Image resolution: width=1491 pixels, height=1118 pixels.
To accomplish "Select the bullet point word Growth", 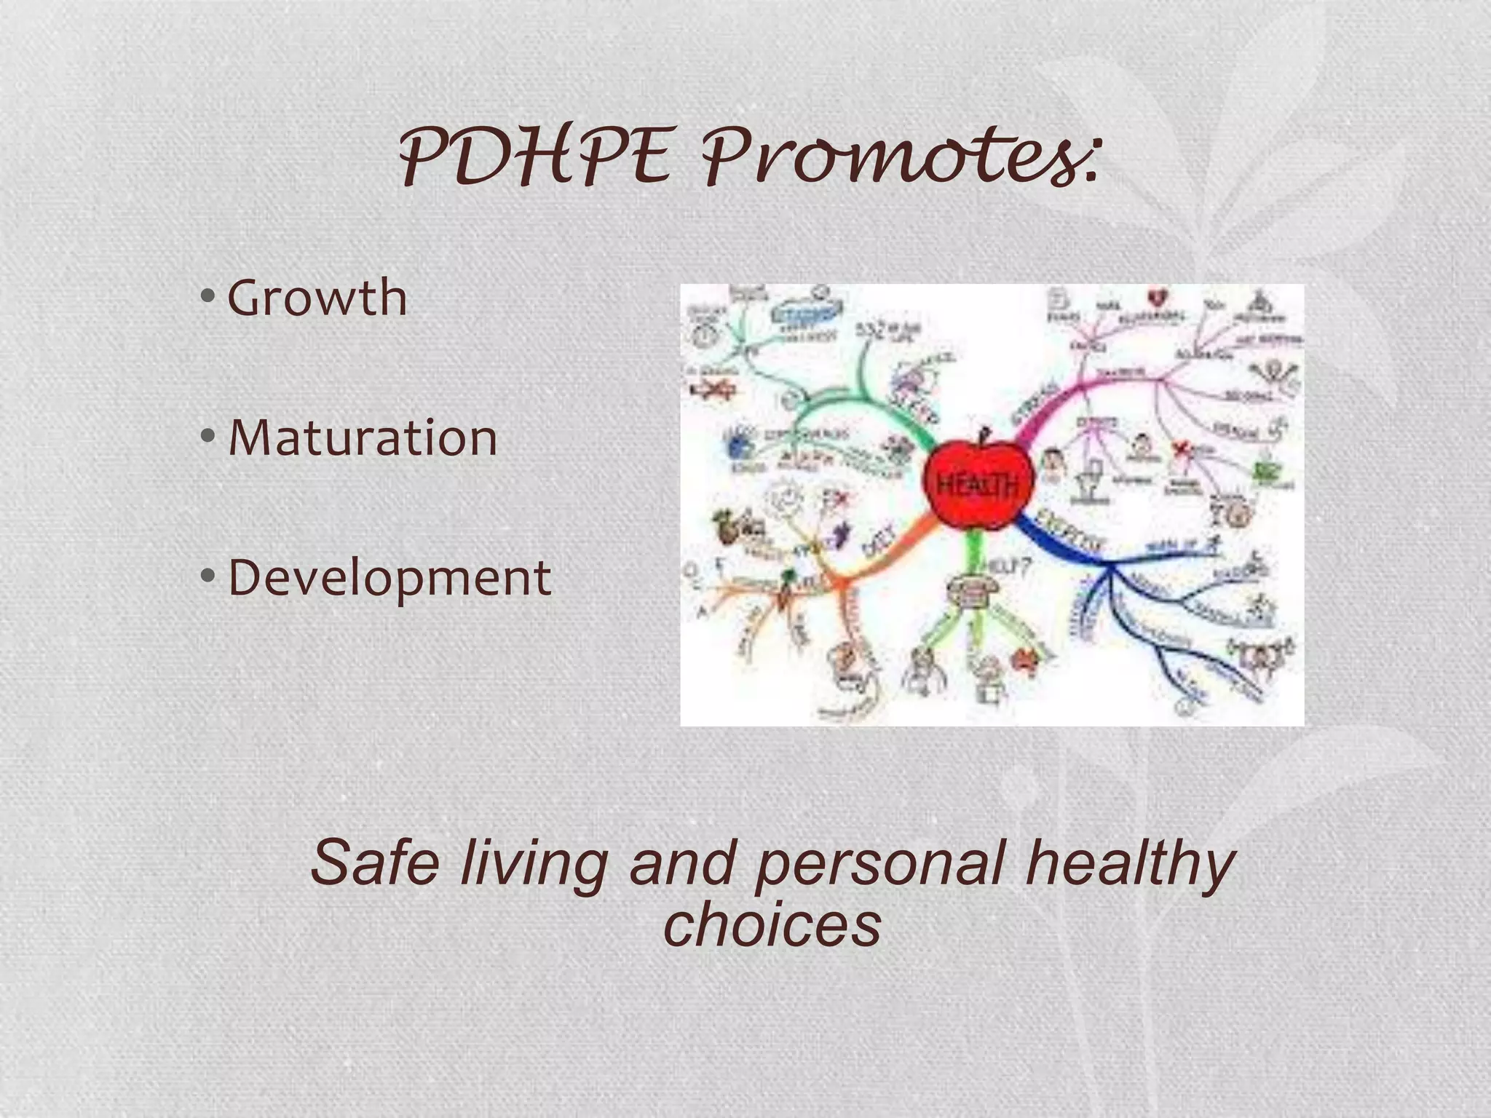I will [317, 298].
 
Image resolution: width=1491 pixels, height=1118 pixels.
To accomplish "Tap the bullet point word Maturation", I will [363, 438].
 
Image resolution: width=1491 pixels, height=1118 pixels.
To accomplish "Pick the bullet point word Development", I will [389, 579].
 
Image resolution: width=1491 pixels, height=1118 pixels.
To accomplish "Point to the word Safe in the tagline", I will [375, 863].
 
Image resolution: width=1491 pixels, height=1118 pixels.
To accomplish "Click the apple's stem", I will [984, 435].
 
